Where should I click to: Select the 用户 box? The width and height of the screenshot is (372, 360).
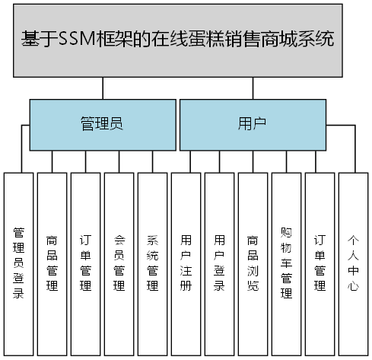tap(252, 125)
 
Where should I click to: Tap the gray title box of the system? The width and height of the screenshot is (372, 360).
tap(186, 40)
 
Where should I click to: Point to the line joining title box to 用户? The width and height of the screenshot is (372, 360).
tap(252, 88)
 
